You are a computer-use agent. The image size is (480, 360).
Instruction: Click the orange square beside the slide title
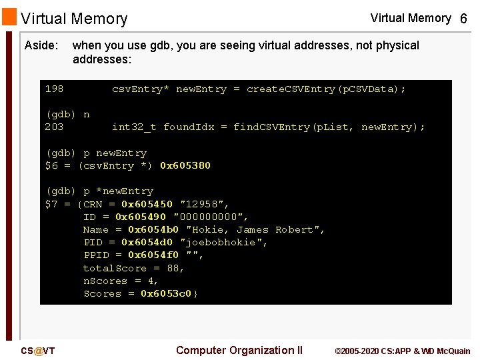click(x=9, y=16)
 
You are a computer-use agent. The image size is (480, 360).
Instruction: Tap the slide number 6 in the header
click(x=463, y=19)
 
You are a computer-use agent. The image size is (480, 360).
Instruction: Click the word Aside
click(x=41, y=45)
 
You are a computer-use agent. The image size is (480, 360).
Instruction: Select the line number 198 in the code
click(x=54, y=89)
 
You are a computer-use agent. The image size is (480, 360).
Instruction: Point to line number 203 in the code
click(x=54, y=127)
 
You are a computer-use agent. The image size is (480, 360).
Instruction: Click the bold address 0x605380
click(x=185, y=165)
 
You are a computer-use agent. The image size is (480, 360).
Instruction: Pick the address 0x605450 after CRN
click(x=147, y=204)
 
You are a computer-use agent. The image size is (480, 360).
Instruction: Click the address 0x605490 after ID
click(x=141, y=217)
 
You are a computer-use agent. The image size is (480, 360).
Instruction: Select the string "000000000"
click(x=210, y=217)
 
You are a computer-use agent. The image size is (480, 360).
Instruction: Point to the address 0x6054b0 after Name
click(x=153, y=229)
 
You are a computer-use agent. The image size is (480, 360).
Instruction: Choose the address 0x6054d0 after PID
click(x=147, y=242)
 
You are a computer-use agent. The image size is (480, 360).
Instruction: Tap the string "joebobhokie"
click(x=223, y=242)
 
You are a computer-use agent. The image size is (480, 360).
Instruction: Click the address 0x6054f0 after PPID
click(x=153, y=255)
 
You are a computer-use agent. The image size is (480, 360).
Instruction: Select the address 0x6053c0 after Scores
click(x=167, y=293)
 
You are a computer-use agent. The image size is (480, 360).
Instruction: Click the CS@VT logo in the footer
click(x=37, y=351)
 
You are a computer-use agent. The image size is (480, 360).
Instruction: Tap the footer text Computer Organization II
click(x=239, y=350)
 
